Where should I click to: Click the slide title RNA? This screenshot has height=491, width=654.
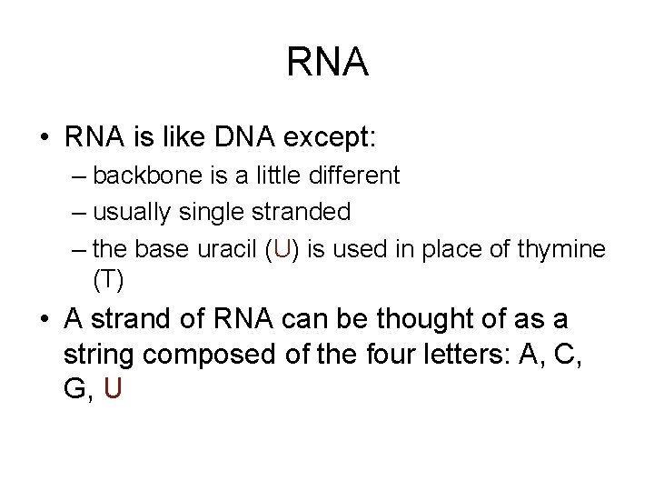327,63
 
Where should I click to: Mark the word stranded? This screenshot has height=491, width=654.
304,213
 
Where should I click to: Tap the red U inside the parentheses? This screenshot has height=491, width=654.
282,250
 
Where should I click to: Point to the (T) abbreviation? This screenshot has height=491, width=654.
108,279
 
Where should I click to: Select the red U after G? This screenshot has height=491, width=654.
113,388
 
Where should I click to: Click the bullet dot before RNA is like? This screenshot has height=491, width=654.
44,140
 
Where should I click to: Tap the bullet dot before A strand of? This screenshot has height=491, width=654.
44,320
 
